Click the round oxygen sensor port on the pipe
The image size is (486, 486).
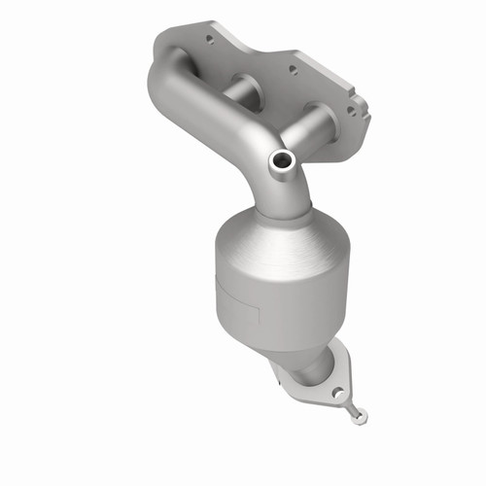(283, 159)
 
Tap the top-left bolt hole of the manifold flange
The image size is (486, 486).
(206, 42)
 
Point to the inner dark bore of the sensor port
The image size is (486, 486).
(283, 159)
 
